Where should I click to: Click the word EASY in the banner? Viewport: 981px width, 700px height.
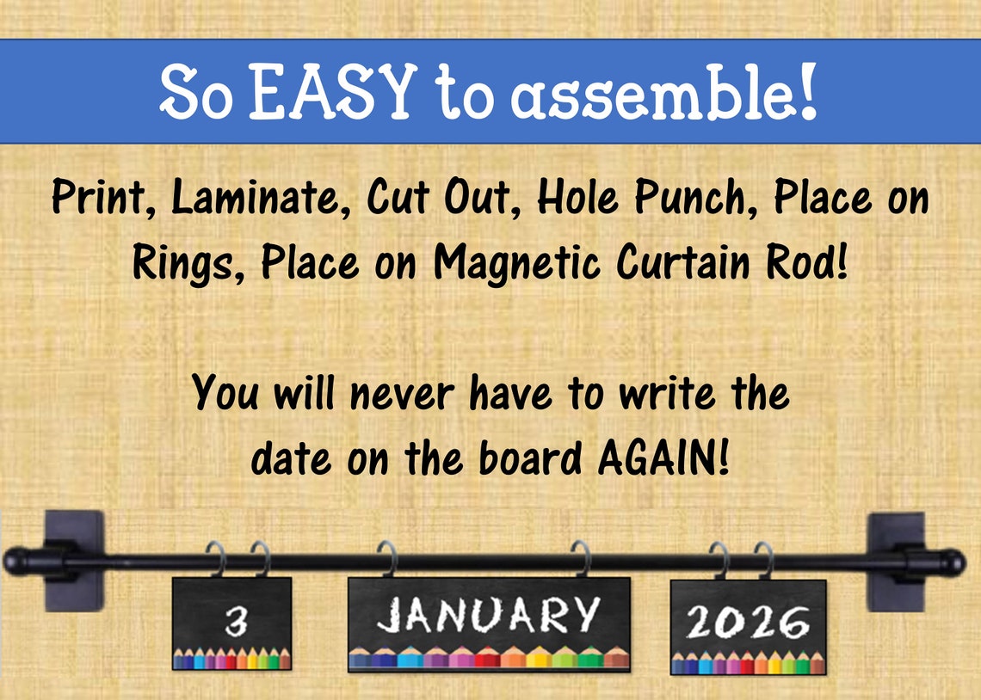coord(332,92)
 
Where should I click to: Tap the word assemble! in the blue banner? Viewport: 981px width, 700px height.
coord(663,92)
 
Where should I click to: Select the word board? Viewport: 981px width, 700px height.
coord(528,459)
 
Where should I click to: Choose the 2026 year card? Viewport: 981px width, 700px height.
coord(748,625)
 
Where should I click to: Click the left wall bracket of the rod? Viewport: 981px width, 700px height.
coord(74,561)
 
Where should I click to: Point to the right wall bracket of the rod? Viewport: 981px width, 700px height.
coord(896,561)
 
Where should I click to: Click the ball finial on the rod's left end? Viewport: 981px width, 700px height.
coord(15,562)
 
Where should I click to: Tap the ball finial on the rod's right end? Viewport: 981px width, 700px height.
coord(953,562)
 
